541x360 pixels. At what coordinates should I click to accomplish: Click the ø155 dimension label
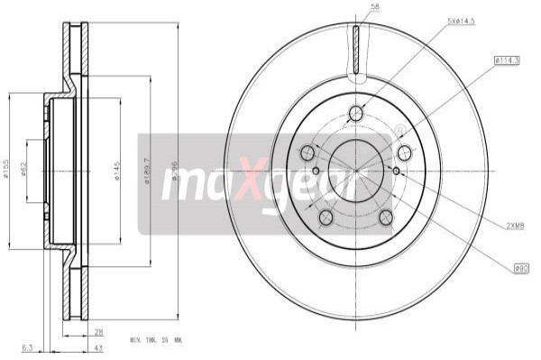(7, 169)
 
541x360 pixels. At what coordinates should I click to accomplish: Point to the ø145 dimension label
(118, 170)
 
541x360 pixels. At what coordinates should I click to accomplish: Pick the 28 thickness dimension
(98, 332)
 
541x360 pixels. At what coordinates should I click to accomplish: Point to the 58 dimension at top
(374, 8)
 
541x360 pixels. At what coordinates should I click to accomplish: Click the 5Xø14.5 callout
(462, 20)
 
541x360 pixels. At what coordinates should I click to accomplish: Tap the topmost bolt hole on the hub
(356, 113)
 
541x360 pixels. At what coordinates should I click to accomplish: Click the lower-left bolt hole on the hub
(326, 217)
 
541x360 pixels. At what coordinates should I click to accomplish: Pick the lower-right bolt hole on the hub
(387, 217)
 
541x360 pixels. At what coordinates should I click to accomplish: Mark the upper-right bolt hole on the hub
(405, 152)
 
